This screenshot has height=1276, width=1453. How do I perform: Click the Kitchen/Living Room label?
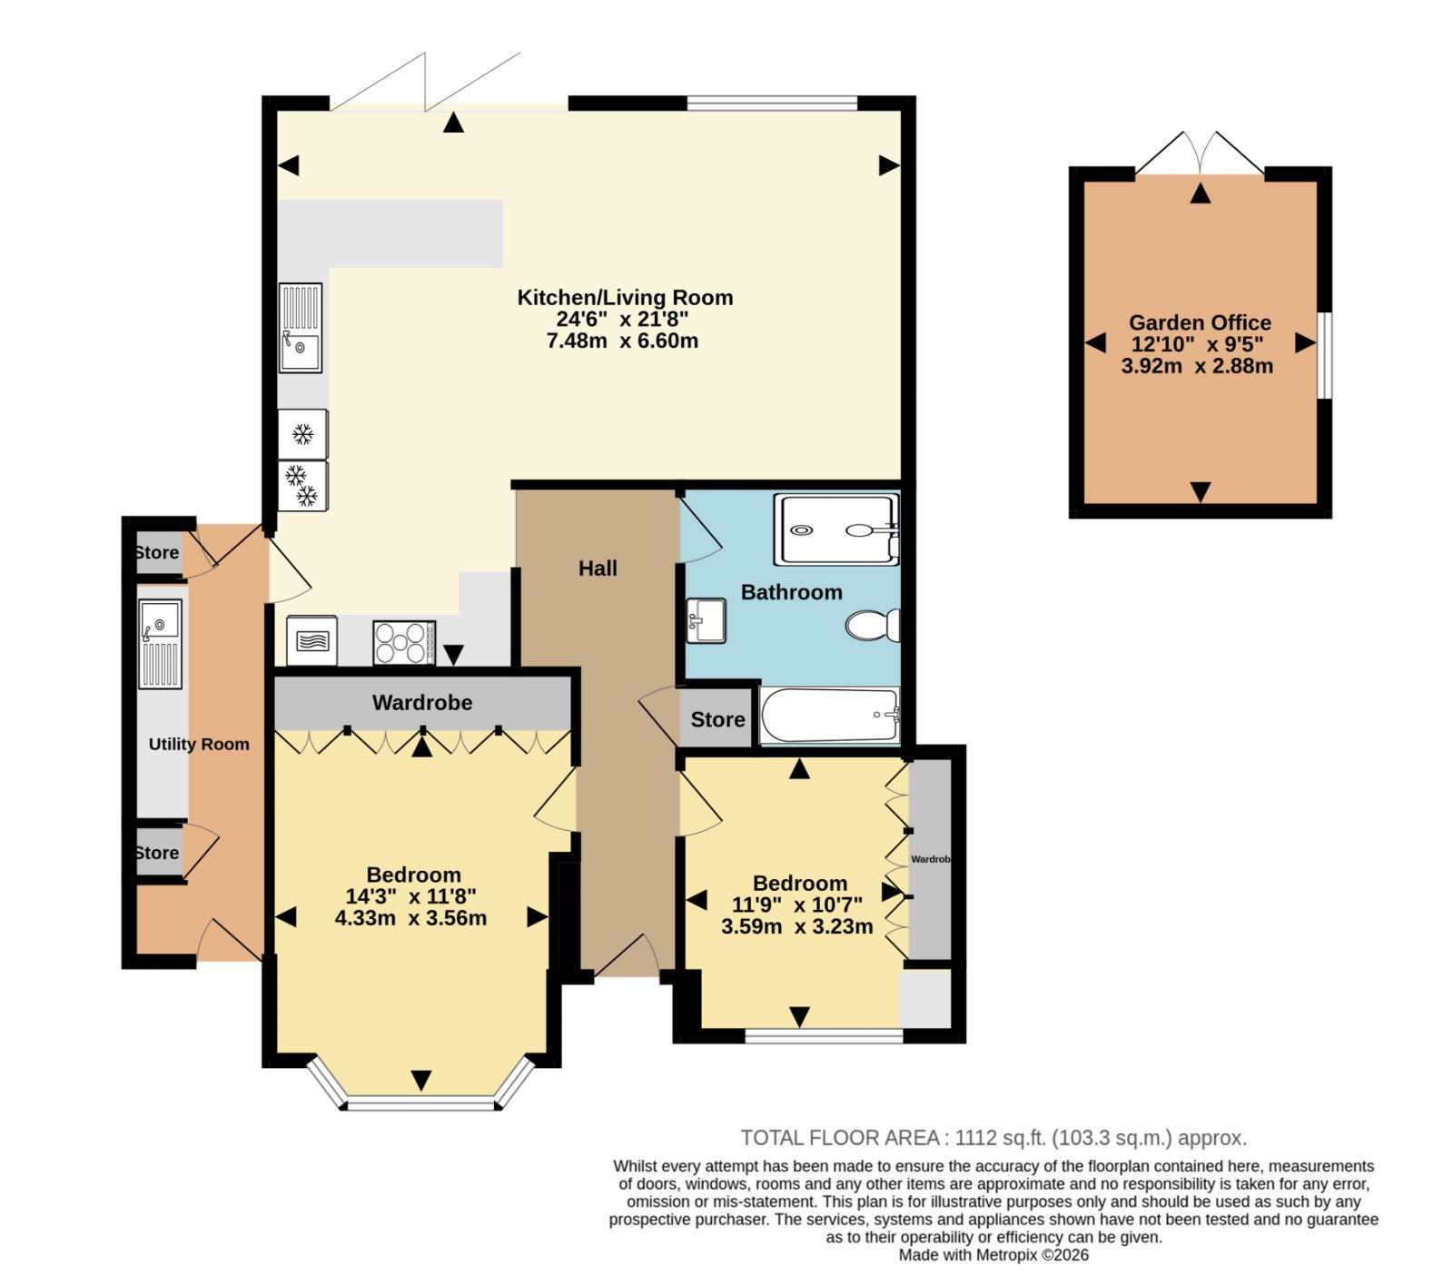point(625,298)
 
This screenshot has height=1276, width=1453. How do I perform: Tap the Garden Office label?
point(1200,322)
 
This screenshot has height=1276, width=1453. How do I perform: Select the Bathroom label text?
point(792,592)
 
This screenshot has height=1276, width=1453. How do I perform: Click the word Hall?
point(598,569)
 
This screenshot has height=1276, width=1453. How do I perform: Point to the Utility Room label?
point(199,744)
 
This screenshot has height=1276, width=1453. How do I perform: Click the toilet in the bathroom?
point(873,625)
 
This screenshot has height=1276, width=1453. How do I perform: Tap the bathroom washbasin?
point(706,620)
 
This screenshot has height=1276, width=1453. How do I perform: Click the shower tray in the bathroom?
point(835,529)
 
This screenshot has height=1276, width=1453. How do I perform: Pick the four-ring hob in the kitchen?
point(404,642)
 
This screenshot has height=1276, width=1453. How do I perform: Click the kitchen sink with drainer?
point(301,328)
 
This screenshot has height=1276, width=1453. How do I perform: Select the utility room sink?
point(160,644)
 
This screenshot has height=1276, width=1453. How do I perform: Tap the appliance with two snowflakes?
point(302,486)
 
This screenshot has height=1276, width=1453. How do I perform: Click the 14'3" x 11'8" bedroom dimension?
point(410,896)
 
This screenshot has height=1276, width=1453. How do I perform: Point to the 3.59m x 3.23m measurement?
point(797,926)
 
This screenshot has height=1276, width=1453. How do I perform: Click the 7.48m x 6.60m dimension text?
point(622,341)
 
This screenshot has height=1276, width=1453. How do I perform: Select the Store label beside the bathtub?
point(717,720)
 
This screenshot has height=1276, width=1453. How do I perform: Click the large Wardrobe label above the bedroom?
point(422,703)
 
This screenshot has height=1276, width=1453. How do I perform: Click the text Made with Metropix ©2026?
point(993,1255)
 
